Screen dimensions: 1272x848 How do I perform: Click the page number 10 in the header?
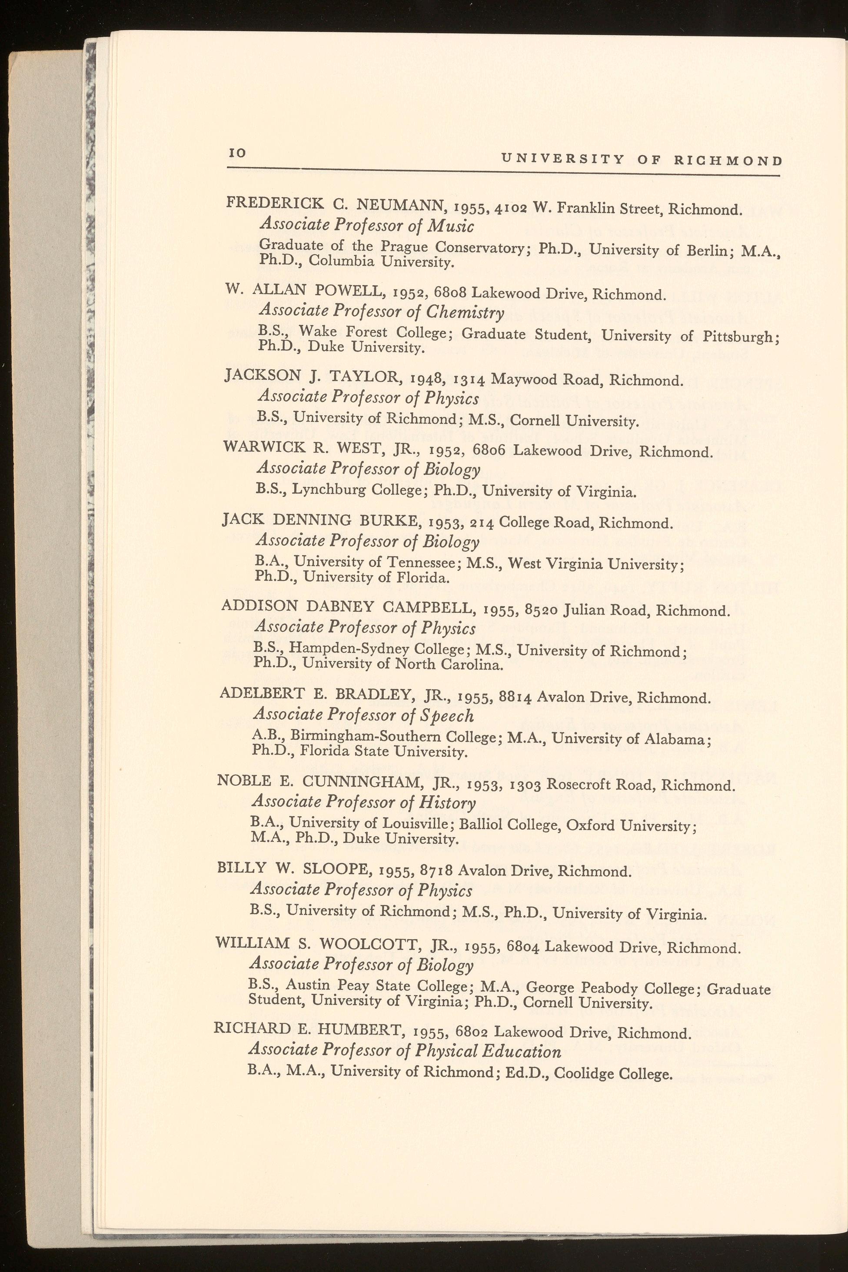(237, 154)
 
